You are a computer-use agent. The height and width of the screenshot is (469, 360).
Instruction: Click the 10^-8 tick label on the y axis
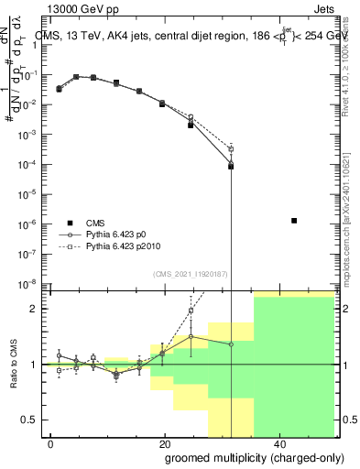(x=33, y=283)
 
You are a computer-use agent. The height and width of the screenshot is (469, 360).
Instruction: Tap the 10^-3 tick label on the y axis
(x=33, y=135)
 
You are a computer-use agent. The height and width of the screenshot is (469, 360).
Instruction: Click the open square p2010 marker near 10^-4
(x=232, y=148)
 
